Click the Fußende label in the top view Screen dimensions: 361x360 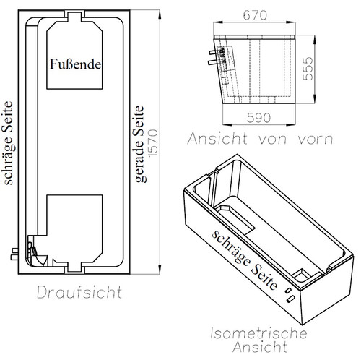click(x=75, y=64)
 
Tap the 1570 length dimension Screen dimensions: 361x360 click(x=153, y=143)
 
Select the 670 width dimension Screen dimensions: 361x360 click(x=255, y=15)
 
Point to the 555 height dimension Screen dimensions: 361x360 click(x=308, y=69)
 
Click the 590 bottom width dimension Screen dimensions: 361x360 click(x=258, y=118)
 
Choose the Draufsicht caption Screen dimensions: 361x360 click(x=79, y=292)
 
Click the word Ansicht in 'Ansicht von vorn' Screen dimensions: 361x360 click(x=217, y=139)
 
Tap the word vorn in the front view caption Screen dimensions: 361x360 click(x=316, y=140)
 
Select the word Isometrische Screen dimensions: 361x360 click(x=258, y=333)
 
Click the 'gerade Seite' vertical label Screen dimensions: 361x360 click(x=139, y=144)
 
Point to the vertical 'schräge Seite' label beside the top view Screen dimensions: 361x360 click(x=8, y=143)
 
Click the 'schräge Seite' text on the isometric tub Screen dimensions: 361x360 click(x=244, y=260)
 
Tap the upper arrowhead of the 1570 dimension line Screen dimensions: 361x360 click(x=159, y=14)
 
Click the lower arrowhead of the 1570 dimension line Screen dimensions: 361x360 click(x=159, y=270)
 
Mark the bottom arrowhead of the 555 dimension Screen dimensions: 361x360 click(x=315, y=99)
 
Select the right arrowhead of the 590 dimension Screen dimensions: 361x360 click(x=290, y=125)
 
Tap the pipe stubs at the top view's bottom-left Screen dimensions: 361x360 click(x=14, y=254)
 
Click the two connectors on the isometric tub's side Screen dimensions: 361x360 click(x=289, y=295)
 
